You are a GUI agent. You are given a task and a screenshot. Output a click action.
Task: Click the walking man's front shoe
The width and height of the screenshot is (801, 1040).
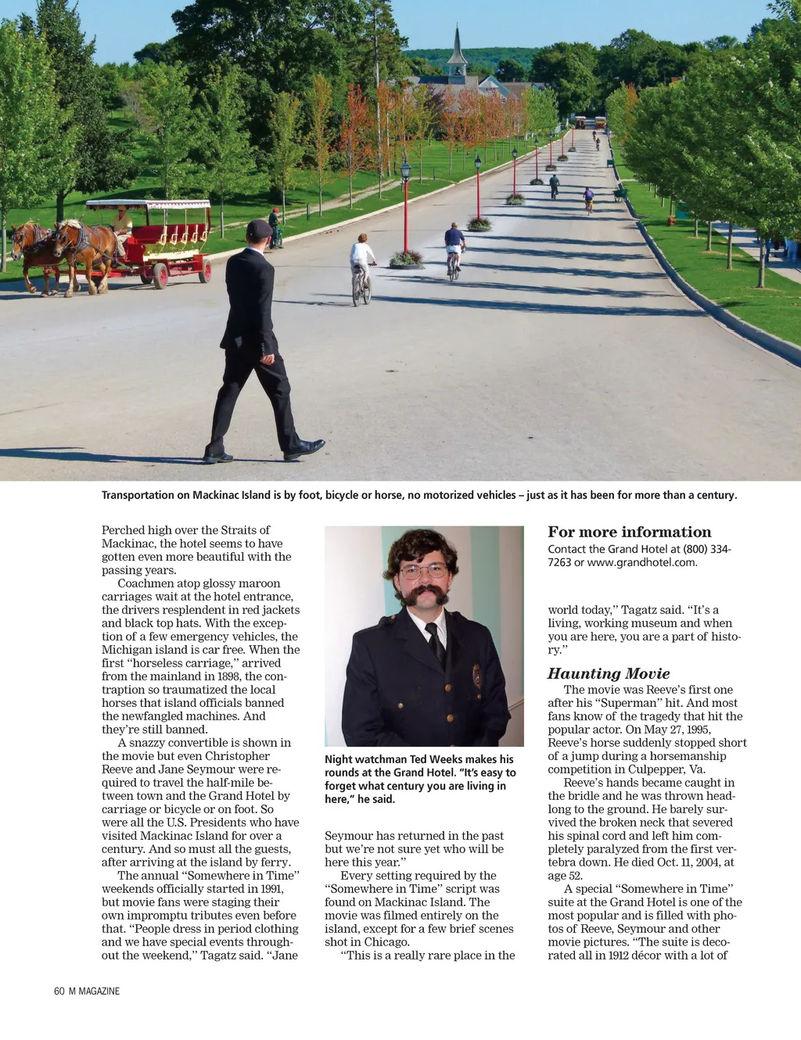pos(305,449)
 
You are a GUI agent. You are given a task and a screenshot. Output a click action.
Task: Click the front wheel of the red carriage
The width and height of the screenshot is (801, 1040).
pos(160,275)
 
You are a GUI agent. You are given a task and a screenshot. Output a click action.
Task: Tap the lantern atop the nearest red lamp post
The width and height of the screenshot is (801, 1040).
pos(405,169)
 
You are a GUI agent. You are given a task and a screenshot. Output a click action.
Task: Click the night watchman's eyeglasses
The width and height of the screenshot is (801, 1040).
pos(423,571)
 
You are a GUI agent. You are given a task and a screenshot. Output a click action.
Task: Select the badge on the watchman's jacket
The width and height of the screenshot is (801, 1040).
pos(476,675)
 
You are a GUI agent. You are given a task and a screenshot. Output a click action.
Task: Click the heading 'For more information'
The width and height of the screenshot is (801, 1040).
pos(629,532)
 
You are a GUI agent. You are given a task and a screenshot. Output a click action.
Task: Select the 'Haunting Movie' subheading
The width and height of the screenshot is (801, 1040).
pos(609,673)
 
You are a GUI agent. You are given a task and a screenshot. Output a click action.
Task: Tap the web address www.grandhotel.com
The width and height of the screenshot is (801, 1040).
pos(641,562)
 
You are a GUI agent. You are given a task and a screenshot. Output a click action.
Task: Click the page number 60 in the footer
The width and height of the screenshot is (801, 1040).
pos(59,991)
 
